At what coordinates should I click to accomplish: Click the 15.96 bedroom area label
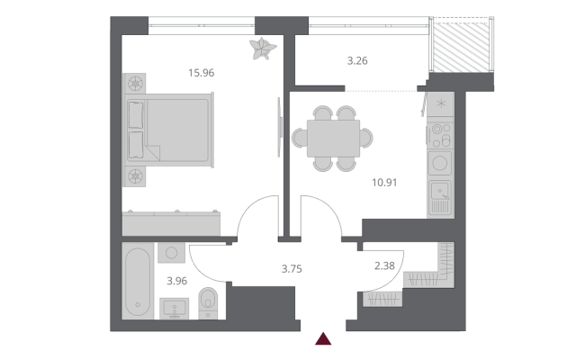click(x=202, y=73)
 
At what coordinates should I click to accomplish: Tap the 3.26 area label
click(x=357, y=60)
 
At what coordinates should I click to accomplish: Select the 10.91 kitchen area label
click(x=384, y=183)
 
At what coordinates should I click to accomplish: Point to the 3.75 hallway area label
click(x=292, y=269)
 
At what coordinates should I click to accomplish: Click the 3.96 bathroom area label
click(x=177, y=281)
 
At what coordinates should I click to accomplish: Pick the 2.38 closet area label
click(x=384, y=265)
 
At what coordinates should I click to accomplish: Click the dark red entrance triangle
click(x=323, y=338)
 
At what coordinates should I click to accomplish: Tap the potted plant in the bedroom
click(x=262, y=48)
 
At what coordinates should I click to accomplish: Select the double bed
click(x=169, y=130)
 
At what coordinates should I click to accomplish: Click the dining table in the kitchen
click(x=333, y=138)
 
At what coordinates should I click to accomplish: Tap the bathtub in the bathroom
click(x=138, y=281)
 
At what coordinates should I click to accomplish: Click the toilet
click(x=208, y=303)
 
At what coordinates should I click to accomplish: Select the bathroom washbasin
click(x=175, y=309)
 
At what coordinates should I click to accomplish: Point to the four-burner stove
click(x=441, y=136)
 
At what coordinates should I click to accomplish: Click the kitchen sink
click(x=441, y=198)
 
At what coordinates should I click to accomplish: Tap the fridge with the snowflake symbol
click(x=441, y=104)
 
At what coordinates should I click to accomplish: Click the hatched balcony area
click(x=462, y=47)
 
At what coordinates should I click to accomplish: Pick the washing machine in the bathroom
click(x=172, y=252)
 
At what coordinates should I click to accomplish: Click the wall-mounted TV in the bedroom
click(x=280, y=127)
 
